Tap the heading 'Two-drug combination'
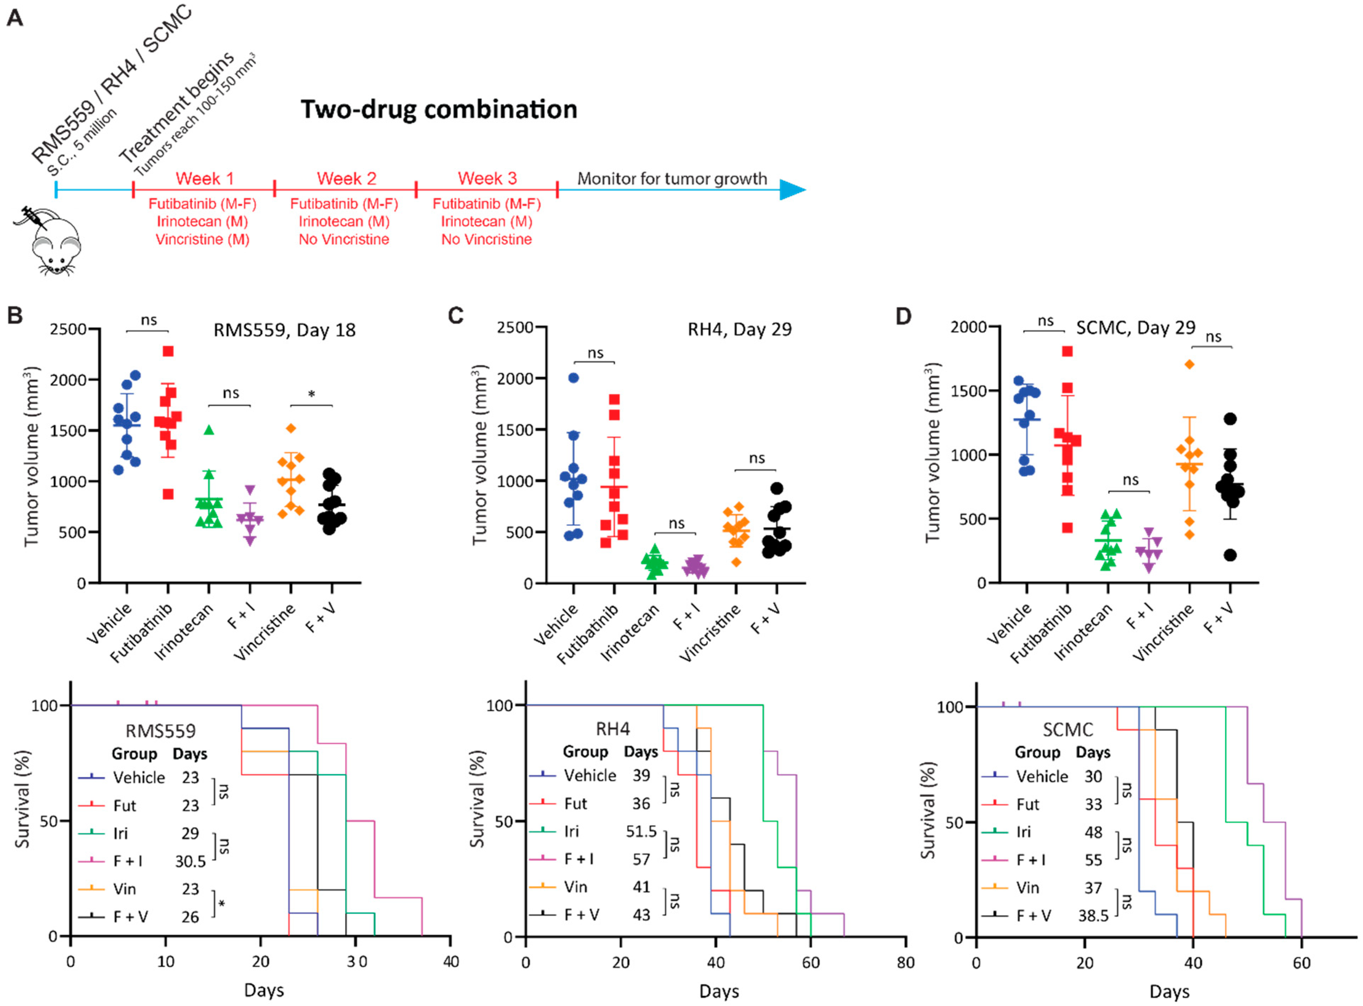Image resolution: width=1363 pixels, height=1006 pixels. tap(439, 110)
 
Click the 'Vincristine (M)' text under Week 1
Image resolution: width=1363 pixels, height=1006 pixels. tap(202, 239)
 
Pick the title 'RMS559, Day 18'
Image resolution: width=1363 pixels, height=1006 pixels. tap(284, 330)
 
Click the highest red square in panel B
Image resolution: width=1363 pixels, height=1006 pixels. tap(168, 351)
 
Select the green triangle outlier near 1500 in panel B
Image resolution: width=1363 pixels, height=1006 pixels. tap(209, 430)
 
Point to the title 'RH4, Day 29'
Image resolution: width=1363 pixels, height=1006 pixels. tap(739, 329)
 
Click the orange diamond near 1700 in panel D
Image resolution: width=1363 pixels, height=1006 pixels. tap(1189, 364)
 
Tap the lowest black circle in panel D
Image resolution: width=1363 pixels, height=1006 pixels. tap(1230, 555)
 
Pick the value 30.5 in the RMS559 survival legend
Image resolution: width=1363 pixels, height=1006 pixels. tap(190, 862)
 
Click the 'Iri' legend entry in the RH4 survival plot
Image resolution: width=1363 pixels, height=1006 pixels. tap(571, 831)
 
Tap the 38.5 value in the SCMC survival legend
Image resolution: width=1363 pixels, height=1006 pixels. tap(1093, 916)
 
